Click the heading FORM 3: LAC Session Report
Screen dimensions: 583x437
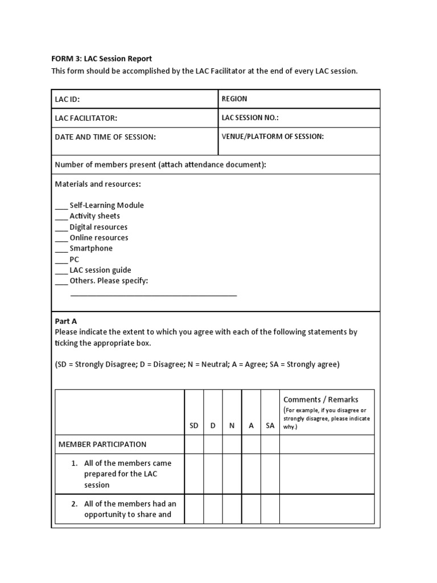click(103, 59)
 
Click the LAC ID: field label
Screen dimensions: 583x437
click(67, 99)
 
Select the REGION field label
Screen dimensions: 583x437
click(234, 98)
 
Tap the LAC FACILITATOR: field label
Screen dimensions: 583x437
click(86, 118)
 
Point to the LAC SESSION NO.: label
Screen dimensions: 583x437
click(250, 117)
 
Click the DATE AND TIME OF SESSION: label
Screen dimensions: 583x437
click(105, 137)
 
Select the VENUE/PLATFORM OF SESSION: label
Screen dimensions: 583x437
click(273, 136)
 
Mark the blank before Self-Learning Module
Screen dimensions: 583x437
click(61, 206)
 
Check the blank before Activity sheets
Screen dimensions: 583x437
click(61, 217)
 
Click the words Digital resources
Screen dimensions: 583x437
click(98, 227)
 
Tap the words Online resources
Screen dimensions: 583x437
click(99, 237)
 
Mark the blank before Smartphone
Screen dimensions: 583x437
click(61, 249)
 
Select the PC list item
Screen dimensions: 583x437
click(74, 259)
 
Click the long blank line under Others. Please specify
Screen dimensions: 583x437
click(153, 295)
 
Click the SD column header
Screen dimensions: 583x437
click(194, 425)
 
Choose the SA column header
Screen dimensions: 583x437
click(270, 425)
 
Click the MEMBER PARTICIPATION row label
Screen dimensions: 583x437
click(102, 444)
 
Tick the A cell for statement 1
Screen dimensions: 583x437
click(251, 474)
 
